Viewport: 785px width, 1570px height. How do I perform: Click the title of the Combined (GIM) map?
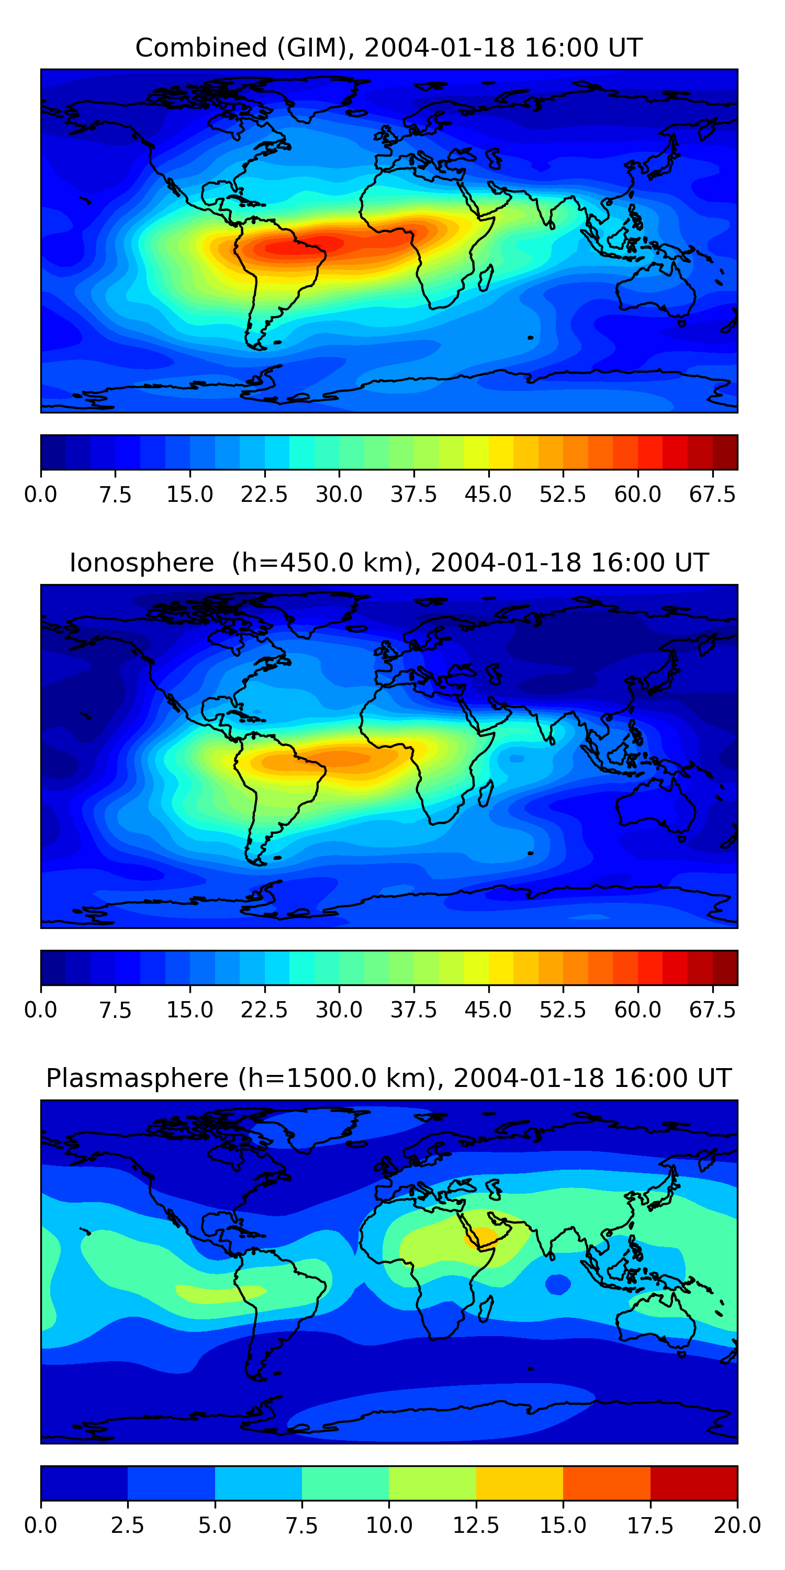389,48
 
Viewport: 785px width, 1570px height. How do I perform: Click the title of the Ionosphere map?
389,563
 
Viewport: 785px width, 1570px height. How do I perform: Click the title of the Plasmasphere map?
389,1078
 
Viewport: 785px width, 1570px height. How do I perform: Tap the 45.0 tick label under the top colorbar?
488,494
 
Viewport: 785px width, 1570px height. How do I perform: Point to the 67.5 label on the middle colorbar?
712,1010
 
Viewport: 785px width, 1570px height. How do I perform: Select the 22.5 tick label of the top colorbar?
264,494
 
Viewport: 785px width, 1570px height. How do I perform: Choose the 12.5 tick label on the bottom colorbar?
476,1525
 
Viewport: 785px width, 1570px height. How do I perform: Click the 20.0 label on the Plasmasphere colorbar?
737,1525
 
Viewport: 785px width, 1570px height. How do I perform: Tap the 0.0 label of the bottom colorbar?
41,1525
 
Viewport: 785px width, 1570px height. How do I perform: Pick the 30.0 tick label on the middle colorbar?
339,1010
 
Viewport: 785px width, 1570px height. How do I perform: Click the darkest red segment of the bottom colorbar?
693,1483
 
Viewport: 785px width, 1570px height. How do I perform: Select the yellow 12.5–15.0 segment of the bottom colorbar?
519,1483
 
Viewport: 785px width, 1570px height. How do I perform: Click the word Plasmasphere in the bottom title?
138,1078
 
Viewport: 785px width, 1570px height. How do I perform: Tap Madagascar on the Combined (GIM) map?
486,278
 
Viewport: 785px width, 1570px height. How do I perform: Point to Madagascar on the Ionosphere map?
486,793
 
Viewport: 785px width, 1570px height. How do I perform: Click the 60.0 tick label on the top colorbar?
637,494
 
